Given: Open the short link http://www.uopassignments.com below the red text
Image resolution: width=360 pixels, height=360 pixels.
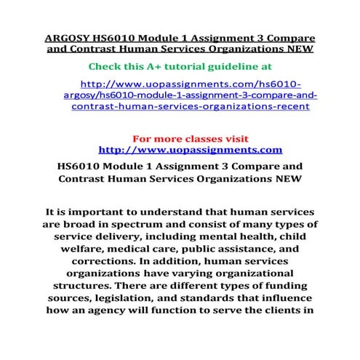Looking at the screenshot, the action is coord(189,150).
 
